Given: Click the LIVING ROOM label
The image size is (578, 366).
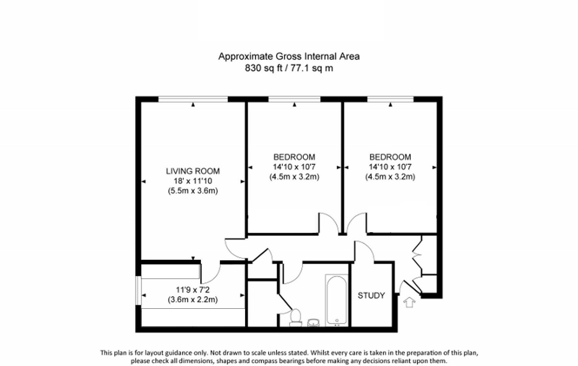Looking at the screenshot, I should (192, 171).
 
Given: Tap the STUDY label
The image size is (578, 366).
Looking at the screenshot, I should (371, 296).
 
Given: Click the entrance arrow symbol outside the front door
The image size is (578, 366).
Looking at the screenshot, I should (409, 302).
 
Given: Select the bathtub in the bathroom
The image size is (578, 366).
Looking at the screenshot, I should (337, 300).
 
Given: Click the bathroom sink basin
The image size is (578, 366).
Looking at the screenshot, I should (314, 322).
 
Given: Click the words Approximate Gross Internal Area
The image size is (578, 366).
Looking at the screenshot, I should (288, 56).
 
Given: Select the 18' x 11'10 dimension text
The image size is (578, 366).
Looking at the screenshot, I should (192, 181).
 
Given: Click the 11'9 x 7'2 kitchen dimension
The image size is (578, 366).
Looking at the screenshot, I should (192, 290).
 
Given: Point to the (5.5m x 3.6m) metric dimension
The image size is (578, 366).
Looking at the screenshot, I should (192, 191).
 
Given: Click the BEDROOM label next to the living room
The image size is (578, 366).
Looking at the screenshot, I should (294, 157).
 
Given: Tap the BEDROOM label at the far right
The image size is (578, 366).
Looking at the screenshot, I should (390, 157).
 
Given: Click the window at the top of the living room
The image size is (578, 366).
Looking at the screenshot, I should (193, 99).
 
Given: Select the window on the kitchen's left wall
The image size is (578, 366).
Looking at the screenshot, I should (138, 290).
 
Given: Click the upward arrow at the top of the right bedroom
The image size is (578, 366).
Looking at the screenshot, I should (390, 105).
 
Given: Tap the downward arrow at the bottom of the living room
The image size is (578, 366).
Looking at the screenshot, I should (193, 259).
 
